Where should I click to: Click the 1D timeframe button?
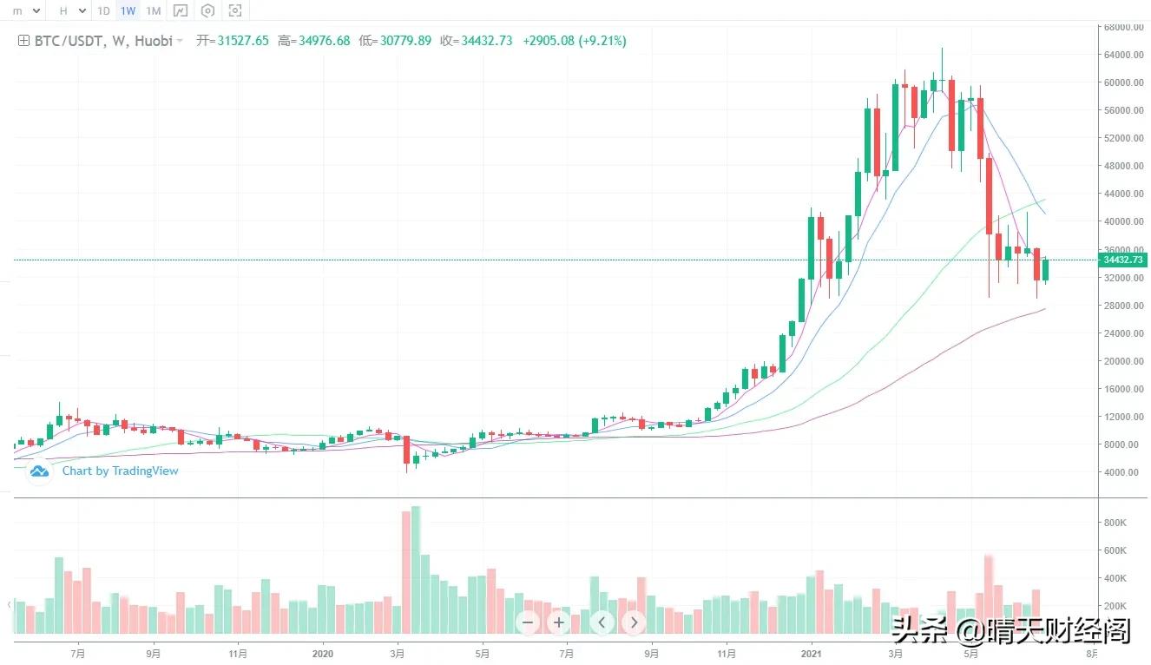pyautogui.click(x=103, y=11)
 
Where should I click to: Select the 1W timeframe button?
pyautogui.click(x=128, y=11)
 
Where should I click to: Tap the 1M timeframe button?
pyautogui.click(x=153, y=11)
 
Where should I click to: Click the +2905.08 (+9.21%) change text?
pyautogui.click(x=574, y=41)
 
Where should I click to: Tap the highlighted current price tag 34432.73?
pyautogui.click(x=1122, y=260)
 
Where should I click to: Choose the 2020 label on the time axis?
pyautogui.click(x=323, y=653)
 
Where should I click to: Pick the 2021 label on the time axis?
pyautogui.click(x=811, y=653)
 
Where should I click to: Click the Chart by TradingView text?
pyautogui.click(x=120, y=471)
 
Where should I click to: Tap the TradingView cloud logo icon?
pyautogui.click(x=39, y=471)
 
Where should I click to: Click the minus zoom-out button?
pyautogui.click(x=529, y=622)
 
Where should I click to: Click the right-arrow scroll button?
pyautogui.click(x=634, y=622)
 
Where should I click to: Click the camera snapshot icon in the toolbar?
pyautogui.click(x=235, y=11)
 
